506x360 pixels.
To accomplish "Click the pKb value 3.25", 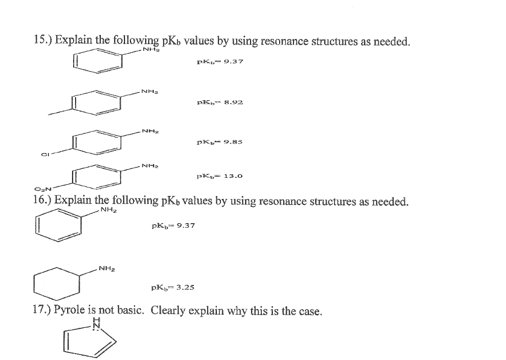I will pyautogui.click(x=183, y=286).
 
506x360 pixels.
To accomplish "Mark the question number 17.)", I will pyautogui.click(x=42, y=311).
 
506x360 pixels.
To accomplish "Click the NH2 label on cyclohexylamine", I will pyautogui.click(x=107, y=269).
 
